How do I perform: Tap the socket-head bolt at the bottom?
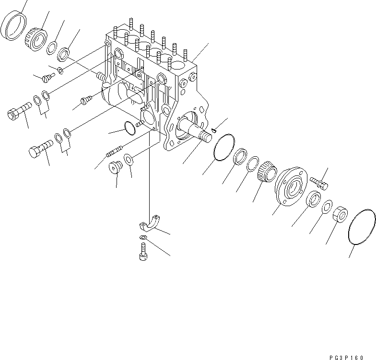click(143, 251)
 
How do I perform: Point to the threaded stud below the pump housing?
click(115, 151)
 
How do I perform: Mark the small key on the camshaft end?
click(214, 128)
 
